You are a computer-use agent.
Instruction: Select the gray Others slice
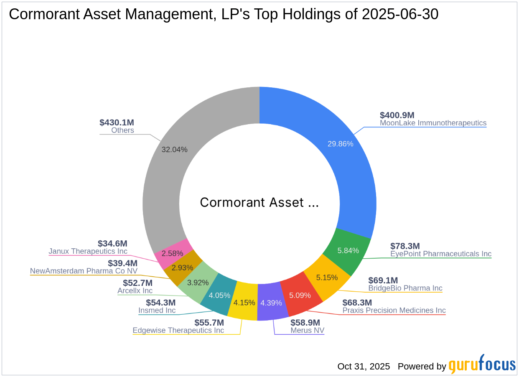(x=176, y=167)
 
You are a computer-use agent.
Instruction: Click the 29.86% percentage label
(x=341, y=144)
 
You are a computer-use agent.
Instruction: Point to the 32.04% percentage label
(x=174, y=149)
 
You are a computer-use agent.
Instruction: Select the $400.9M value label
(x=397, y=115)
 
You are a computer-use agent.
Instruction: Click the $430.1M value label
(x=117, y=122)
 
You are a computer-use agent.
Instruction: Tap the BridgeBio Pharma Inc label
(x=405, y=288)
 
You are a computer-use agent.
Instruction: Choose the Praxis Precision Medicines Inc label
(x=394, y=311)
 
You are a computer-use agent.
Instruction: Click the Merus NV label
(x=307, y=330)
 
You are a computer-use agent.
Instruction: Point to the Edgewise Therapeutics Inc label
(x=178, y=330)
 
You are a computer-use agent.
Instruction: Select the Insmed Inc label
(x=157, y=311)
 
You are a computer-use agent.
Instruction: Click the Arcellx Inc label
(x=135, y=290)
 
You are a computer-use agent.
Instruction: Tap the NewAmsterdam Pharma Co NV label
(x=84, y=271)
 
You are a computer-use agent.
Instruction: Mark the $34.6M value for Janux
(x=112, y=243)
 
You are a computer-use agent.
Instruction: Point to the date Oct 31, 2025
(x=364, y=367)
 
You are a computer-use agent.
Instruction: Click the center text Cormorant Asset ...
(x=259, y=203)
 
